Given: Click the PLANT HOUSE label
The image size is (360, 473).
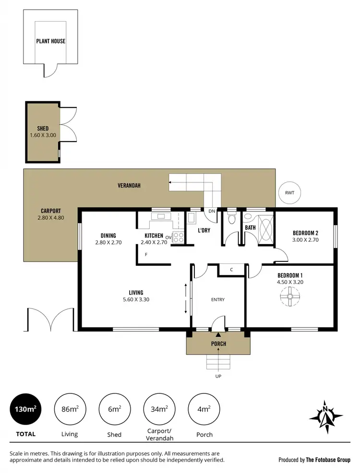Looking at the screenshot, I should point(50,41).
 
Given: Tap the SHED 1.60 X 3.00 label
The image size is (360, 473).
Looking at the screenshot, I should point(43,132).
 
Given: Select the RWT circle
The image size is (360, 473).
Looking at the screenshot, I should point(289,193).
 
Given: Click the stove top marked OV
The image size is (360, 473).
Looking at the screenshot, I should point(178,236).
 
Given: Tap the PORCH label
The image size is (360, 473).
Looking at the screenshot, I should point(218,344).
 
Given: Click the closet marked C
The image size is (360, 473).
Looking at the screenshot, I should point(231,270).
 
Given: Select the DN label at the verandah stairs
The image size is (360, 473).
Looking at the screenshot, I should point(211,211).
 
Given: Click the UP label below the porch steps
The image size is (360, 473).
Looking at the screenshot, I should point(218,376).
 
